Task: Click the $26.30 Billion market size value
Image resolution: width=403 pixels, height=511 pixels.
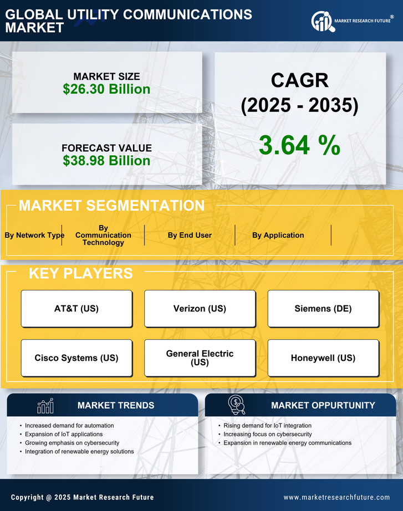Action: (x=106, y=89)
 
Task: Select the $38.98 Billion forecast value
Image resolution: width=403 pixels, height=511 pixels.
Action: (x=106, y=161)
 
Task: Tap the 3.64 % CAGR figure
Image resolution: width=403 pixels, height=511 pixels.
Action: (x=299, y=145)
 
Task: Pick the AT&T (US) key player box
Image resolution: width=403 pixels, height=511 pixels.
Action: (x=76, y=309)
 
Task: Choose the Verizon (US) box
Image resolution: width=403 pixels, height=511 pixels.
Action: (x=200, y=309)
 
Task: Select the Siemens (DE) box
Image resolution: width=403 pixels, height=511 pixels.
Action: (x=323, y=309)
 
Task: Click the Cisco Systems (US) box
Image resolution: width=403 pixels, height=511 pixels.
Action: (x=76, y=358)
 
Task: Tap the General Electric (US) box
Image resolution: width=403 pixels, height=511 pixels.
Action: (x=200, y=358)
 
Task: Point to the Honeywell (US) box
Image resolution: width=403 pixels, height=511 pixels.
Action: (x=323, y=358)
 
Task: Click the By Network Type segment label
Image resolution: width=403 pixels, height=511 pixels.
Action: (x=34, y=235)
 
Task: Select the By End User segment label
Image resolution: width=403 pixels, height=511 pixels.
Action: (x=190, y=235)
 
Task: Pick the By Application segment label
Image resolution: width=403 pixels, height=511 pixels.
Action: (x=278, y=235)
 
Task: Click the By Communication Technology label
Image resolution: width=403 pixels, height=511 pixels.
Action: (x=103, y=235)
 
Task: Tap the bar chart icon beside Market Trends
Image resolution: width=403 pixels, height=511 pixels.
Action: (x=45, y=406)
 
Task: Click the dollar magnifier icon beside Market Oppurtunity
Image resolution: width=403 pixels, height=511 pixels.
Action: (x=236, y=405)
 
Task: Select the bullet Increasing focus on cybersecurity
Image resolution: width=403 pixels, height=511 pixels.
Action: (x=267, y=434)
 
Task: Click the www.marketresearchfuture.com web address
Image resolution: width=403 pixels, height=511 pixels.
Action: (x=336, y=497)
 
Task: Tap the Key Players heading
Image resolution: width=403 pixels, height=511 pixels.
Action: (x=80, y=273)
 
